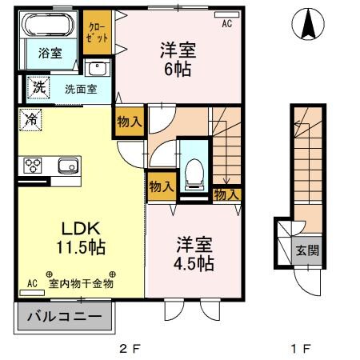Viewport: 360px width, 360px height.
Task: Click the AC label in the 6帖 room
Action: coord(227,24)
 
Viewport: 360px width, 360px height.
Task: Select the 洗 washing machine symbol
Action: coord(37,86)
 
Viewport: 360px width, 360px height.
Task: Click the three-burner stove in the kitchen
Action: coord(34,166)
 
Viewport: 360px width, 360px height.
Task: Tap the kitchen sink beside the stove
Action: coord(65,166)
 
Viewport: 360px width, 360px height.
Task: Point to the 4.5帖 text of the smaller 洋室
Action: coord(194,262)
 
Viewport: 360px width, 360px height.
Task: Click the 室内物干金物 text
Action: coord(81,283)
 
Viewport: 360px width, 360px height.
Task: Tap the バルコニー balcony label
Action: coord(65,317)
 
